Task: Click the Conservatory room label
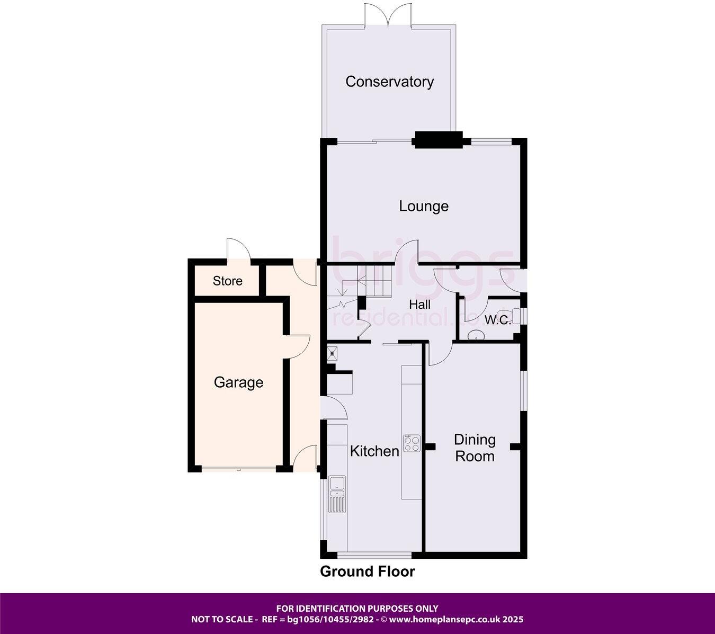(389, 82)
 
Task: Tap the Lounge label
(424, 206)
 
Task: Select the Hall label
(419, 305)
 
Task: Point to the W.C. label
(497, 320)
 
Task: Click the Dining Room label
(475, 448)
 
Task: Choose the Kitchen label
(374, 451)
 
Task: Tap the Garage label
(238, 382)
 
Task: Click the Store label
(228, 281)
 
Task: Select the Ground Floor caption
(368, 572)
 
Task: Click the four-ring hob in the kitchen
(412, 443)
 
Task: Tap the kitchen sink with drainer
(337, 494)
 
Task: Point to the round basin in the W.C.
(476, 334)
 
